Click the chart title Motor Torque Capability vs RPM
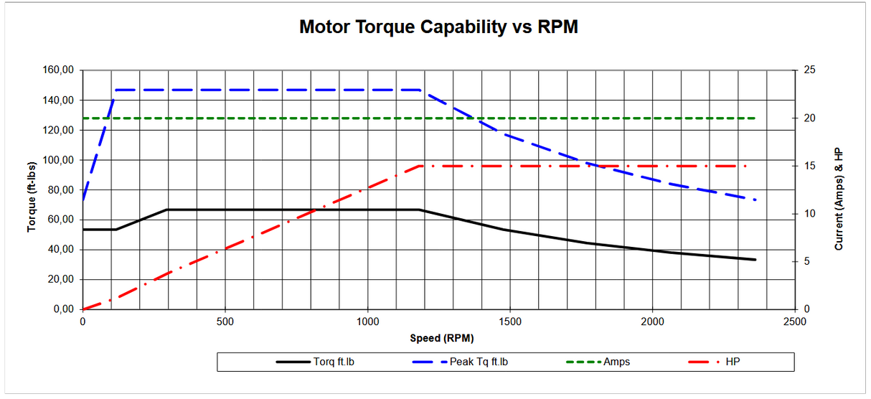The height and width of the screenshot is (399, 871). pos(438,28)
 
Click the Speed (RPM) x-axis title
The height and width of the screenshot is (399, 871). pos(442,338)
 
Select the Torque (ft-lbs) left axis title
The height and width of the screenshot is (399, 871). pos(32,190)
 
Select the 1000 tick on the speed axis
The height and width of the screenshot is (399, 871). pos(367,321)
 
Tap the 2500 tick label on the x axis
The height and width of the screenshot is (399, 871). pos(794,321)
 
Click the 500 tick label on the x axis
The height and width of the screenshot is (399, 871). pos(225,321)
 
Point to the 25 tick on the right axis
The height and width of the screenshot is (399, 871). pos(809,70)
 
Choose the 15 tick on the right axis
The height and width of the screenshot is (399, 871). pos(809,166)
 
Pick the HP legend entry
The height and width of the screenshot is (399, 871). pos(732,362)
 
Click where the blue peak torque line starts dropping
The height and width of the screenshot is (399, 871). pos(420,90)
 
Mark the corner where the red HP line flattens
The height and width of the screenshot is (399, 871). pos(420,166)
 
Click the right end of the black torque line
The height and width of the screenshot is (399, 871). pos(755,260)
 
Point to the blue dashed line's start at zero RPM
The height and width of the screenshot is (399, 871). pos(83,199)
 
